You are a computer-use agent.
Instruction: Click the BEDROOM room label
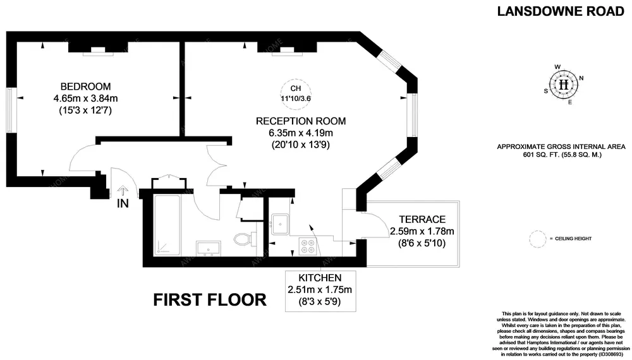85,87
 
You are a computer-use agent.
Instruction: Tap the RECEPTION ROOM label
301,121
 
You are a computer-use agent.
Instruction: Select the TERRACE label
422,219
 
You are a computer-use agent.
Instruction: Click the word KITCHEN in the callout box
320,277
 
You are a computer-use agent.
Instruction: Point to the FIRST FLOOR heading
210,300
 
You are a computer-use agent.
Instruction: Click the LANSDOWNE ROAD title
561,11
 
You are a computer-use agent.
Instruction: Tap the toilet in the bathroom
242,239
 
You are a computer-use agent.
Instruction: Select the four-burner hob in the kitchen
307,246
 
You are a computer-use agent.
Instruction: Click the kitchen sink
280,224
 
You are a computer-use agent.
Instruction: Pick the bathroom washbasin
209,248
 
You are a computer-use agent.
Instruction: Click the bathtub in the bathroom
167,225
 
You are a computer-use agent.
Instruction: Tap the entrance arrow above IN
123,191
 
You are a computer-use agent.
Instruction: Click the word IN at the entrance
123,204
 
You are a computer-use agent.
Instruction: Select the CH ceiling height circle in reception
296,93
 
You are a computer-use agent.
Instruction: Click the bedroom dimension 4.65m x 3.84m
85,99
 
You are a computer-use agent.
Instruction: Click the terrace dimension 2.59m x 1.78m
422,232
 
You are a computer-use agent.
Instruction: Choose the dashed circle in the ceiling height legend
538,239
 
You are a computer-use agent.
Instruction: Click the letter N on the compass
581,78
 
